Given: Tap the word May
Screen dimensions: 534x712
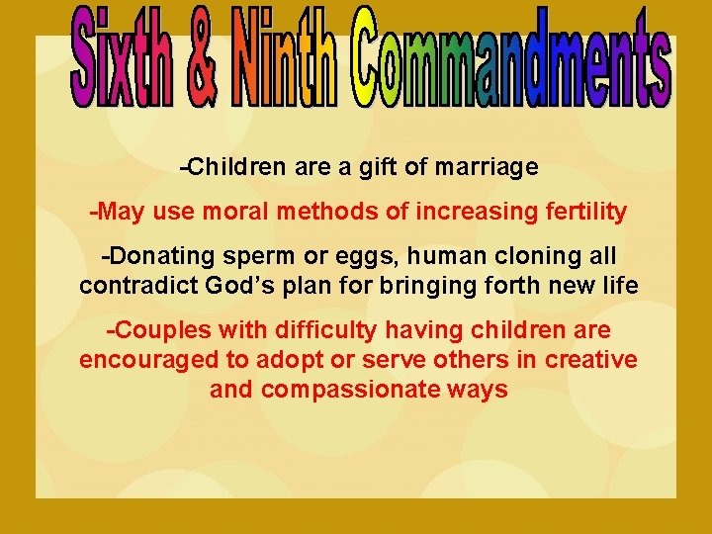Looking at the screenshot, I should (120, 212).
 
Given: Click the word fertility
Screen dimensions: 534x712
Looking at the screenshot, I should (584, 212).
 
